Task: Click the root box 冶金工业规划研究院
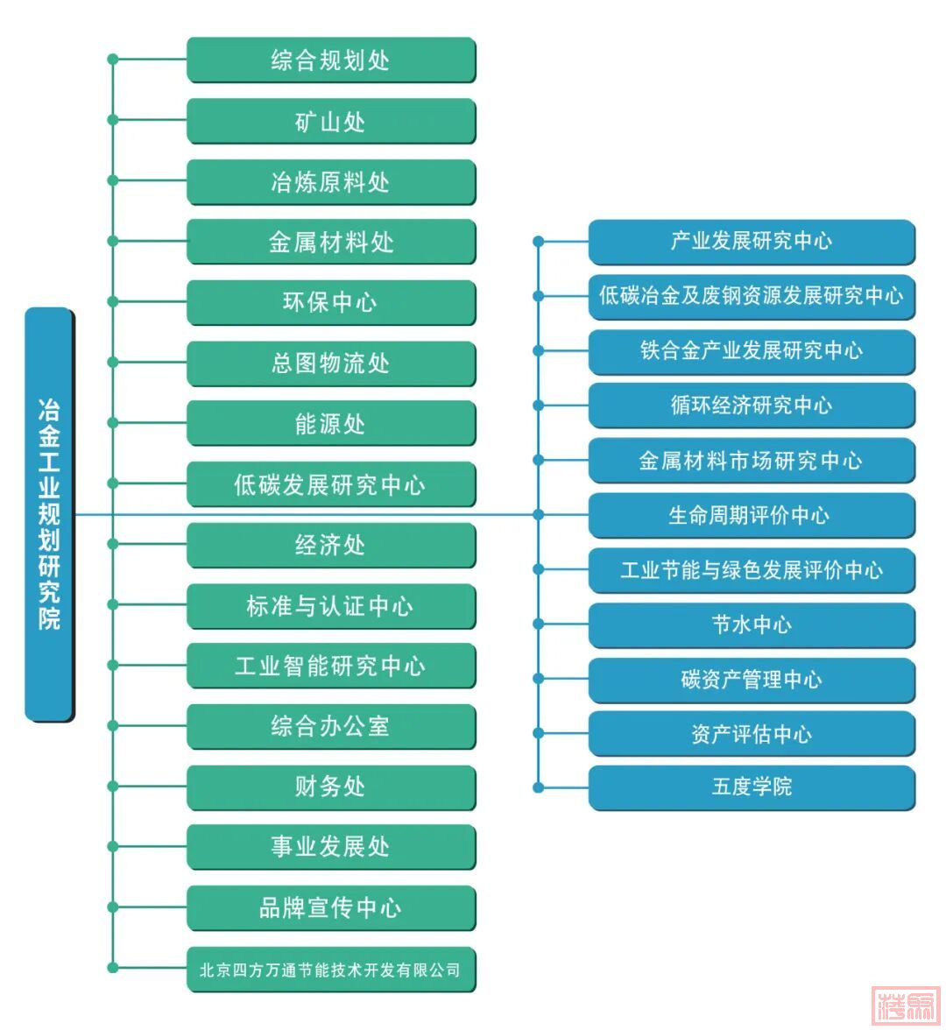49,514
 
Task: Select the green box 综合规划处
330,60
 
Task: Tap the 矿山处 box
330,121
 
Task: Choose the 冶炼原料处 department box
330,181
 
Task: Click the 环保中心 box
330,302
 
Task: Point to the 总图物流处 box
330,363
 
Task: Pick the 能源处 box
330,423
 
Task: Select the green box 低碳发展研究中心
330,483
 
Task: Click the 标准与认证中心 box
330,605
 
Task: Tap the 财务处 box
330,787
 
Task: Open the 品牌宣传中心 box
330,907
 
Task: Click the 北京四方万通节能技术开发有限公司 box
330,969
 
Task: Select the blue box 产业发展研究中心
751,241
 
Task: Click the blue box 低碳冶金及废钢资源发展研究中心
751,296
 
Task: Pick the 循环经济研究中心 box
751,405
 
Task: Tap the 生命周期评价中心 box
751,515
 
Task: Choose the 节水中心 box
751,624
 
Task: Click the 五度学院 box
751,787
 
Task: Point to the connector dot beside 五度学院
539,787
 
